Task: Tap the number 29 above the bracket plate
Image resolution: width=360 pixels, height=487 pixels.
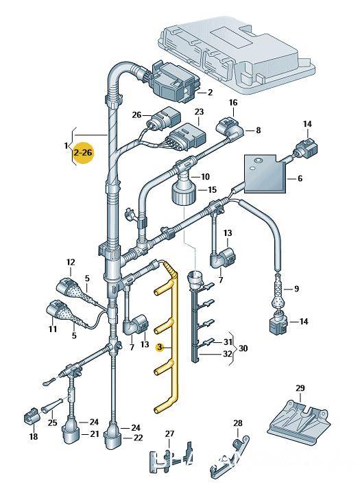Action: (x=300, y=388)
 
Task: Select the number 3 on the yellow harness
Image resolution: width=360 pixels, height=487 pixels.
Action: (x=160, y=347)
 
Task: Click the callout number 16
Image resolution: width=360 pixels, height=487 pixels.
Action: (x=233, y=102)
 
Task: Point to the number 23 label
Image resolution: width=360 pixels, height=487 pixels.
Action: (x=199, y=112)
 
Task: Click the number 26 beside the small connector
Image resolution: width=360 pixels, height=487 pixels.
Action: (x=136, y=115)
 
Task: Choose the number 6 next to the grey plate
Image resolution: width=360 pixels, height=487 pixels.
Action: (x=300, y=178)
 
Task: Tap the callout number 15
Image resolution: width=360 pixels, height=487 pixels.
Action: (x=213, y=190)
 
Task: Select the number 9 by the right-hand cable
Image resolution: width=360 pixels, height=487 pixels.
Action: (x=297, y=289)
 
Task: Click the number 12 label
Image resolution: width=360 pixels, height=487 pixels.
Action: (x=71, y=263)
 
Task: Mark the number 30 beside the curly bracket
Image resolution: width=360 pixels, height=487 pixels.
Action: (x=243, y=348)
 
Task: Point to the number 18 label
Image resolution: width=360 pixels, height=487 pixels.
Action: (x=34, y=437)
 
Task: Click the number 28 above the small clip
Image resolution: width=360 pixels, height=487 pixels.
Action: (x=238, y=423)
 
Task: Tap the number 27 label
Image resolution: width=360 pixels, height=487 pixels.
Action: (x=169, y=433)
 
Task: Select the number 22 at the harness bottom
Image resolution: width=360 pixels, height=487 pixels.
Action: (x=138, y=438)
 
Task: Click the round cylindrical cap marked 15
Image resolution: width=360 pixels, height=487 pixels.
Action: (x=184, y=193)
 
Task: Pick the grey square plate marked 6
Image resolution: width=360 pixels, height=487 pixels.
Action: (x=265, y=174)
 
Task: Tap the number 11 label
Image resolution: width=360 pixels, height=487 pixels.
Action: (x=53, y=329)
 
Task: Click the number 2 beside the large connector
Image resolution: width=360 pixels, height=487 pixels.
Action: (x=211, y=92)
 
